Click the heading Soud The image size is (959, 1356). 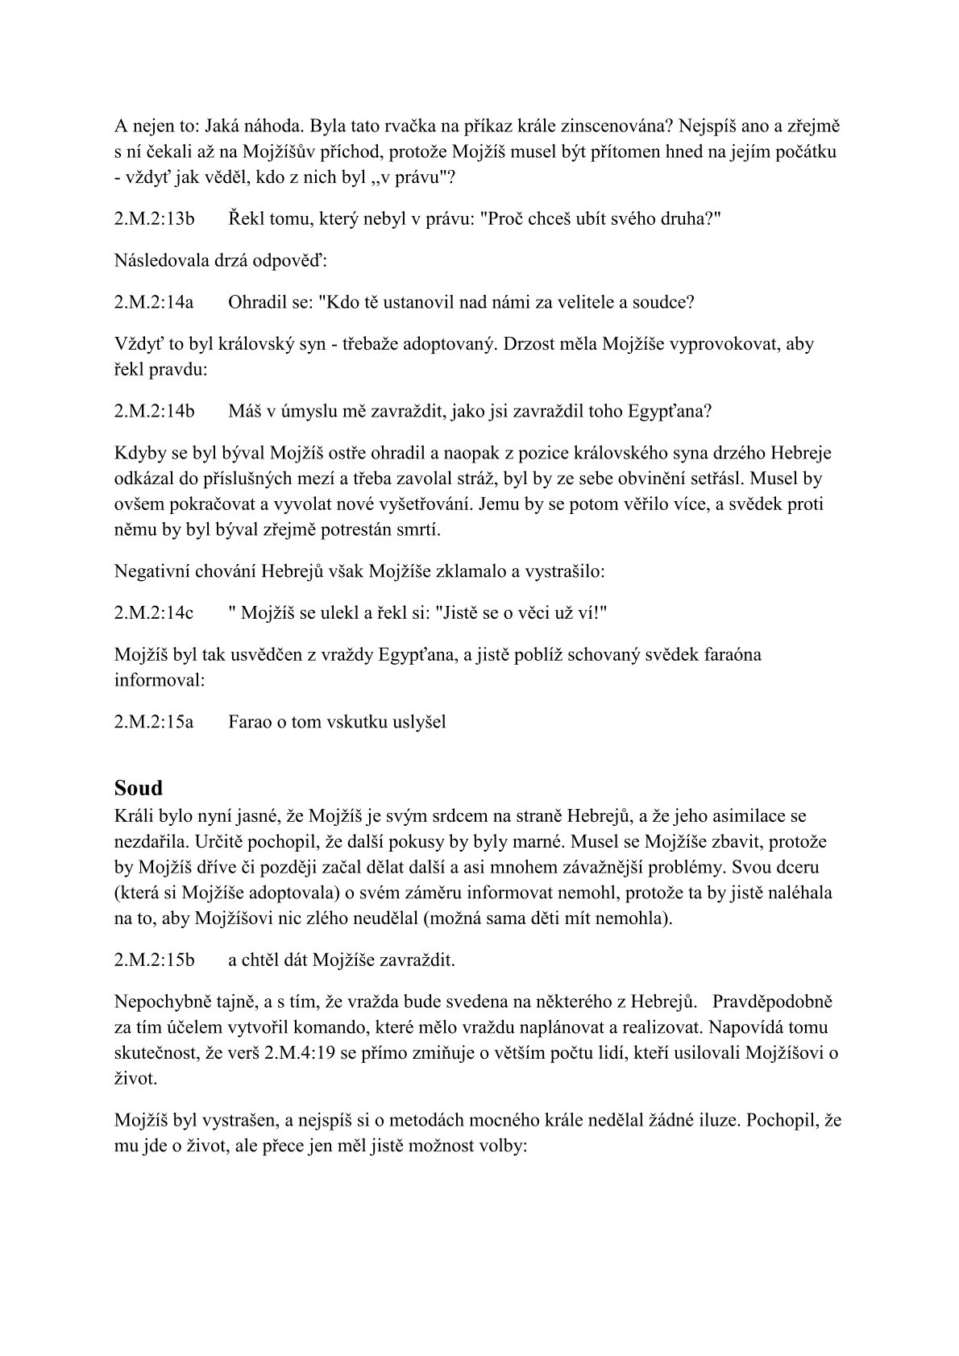click(x=139, y=787)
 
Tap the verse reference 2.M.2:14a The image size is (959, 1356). click(x=154, y=302)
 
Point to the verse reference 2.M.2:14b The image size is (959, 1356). click(x=155, y=411)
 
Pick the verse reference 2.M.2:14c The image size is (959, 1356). click(x=154, y=612)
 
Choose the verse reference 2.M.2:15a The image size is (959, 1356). click(x=154, y=721)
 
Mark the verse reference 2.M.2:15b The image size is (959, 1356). click(x=155, y=960)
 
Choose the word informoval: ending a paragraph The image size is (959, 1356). click(x=160, y=679)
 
